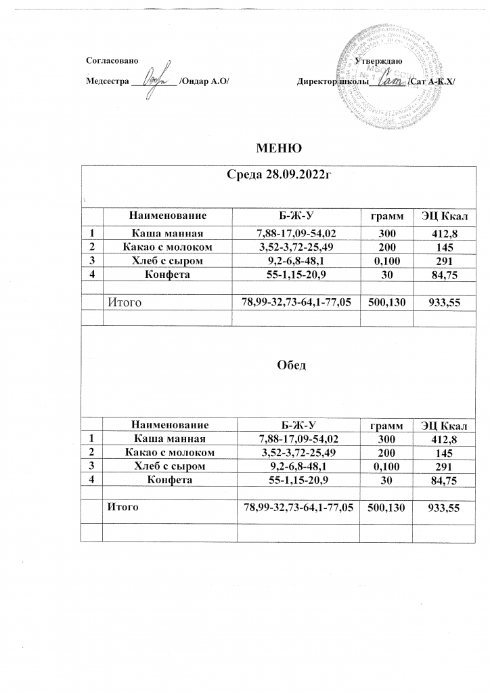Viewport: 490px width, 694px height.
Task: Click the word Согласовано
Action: coord(113,61)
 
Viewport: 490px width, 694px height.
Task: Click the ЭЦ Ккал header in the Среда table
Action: coord(445,216)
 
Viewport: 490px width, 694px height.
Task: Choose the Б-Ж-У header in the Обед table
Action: coord(298,425)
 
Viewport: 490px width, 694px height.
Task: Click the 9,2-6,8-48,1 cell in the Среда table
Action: coord(298,260)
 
